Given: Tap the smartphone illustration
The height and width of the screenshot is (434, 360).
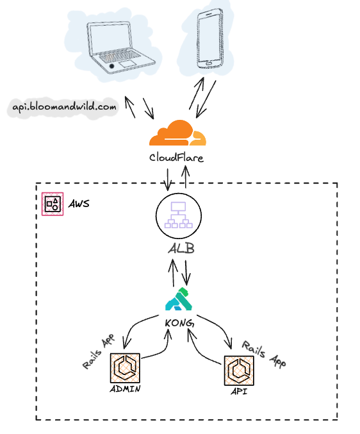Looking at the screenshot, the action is coord(210,38).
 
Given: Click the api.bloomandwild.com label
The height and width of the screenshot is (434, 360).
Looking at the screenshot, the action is coord(64,107).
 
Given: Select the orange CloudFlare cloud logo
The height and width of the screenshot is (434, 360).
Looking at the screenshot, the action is coord(177,133).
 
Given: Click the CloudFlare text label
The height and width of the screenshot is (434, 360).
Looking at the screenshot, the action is coord(176,158).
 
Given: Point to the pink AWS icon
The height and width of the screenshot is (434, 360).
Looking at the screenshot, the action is coord(53,204).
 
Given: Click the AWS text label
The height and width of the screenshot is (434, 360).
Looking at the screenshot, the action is coord(79,204).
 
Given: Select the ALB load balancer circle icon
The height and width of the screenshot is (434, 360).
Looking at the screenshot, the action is coord(179,215).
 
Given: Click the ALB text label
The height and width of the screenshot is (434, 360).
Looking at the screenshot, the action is coord(181,248).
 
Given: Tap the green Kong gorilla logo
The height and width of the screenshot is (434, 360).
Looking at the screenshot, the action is coord(179,299).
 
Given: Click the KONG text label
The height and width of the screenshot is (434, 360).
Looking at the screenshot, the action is coord(179,323).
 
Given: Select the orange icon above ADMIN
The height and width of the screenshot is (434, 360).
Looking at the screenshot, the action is coord(125,368).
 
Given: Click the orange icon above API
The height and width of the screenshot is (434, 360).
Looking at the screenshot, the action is coord(239,371).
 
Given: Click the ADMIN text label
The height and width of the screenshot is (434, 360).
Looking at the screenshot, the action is coord(126,389).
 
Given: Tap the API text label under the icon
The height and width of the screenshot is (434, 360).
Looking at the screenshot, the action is coord(239,392).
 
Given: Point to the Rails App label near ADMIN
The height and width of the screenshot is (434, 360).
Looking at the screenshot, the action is coord(99,351).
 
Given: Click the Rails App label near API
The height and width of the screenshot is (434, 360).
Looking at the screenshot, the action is coord(264,354).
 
